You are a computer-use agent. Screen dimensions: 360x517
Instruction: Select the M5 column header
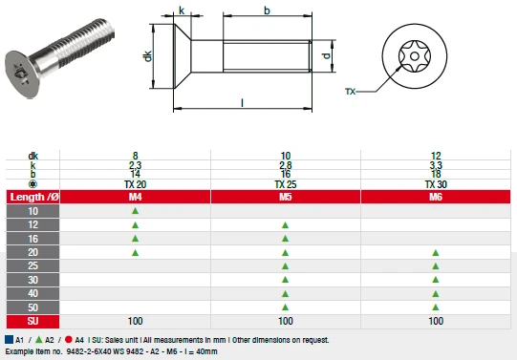[285, 197]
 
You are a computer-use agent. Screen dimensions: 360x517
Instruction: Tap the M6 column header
[436, 197]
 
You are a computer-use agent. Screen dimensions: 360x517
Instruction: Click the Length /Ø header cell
[35, 197]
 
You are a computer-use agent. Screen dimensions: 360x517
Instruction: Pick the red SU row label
[35, 322]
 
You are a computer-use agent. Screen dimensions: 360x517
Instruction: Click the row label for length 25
[35, 266]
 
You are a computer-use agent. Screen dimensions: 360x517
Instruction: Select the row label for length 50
[35, 308]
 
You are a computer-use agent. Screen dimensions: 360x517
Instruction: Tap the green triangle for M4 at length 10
[135, 211]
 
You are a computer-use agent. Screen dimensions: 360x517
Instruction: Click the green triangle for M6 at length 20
[436, 253]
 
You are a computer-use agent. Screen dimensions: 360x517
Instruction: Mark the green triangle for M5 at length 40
[285, 294]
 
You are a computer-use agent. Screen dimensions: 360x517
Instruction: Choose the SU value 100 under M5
[285, 322]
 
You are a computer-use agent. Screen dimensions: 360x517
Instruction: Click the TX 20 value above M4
[135, 183]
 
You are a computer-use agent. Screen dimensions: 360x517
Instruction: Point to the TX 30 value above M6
[436, 183]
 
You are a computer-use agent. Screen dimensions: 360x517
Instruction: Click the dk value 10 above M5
[285, 155]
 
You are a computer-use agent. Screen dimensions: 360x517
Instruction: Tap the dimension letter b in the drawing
[267, 10]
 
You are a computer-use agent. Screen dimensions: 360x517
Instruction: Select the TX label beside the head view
[350, 92]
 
